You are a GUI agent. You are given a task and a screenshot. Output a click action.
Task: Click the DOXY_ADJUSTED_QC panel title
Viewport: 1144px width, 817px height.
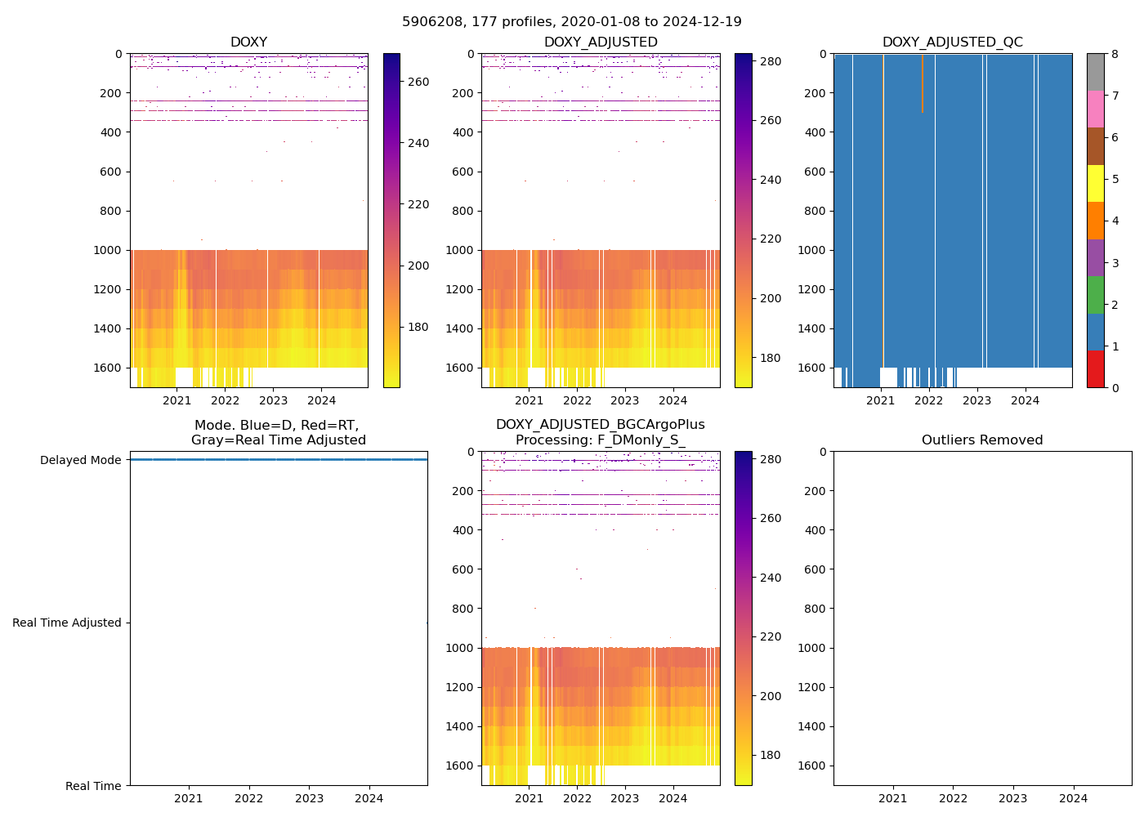(952, 42)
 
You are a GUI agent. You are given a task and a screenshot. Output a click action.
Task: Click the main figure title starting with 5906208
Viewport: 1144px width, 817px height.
(572, 22)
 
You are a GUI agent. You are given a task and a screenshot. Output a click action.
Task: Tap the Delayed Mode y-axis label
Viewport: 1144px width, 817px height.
(80, 460)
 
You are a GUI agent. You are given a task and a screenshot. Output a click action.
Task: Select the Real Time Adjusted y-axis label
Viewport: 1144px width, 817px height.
(67, 623)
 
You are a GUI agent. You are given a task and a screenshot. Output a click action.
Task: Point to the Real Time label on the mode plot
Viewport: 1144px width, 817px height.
(93, 786)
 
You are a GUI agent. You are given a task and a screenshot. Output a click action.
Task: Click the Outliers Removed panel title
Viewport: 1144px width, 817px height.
(982, 440)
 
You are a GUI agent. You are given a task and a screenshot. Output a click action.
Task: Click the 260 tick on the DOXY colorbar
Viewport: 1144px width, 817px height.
(418, 82)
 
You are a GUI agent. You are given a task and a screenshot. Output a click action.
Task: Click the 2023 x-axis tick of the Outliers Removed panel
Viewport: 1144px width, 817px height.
(1013, 798)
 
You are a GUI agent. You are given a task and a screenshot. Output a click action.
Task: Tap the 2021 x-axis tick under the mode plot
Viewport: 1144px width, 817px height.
(189, 798)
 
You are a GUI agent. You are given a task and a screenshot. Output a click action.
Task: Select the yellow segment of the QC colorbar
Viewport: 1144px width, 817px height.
(1095, 183)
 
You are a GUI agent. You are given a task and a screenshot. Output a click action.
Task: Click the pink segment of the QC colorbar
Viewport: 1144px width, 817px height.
(1095, 109)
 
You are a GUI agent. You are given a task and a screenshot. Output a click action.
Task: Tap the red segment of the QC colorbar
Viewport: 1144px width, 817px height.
(1095, 368)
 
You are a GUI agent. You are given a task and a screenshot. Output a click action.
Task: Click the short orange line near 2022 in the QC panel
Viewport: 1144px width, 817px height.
(923, 82)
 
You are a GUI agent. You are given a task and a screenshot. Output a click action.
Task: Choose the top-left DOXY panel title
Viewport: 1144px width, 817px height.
(248, 42)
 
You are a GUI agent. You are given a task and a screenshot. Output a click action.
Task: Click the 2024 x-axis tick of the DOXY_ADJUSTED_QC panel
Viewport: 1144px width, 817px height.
(1025, 400)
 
